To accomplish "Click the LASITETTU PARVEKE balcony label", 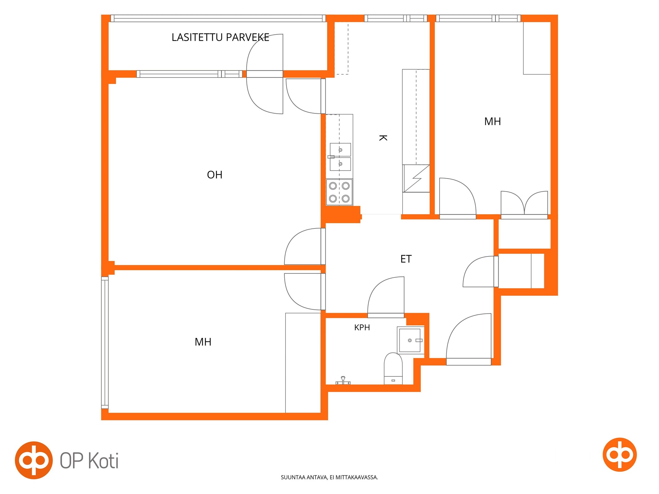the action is pyautogui.click(x=220, y=37).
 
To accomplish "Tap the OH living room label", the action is pyautogui.click(x=215, y=175).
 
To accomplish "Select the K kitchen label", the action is pyautogui.click(x=383, y=138).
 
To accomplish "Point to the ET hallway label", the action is pyautogui.click(x=406, y=259).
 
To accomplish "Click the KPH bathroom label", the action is pyautogui.click(x=362, y=327).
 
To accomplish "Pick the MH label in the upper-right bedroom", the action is pyautogui.click(x=492, y=121).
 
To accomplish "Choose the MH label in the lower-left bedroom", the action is pyautogui.click(x=203, y=342).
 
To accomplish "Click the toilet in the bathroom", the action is pyautogui.click(x=393, y=369).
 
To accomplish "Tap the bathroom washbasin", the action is pyautogui.click(x=411, y=340).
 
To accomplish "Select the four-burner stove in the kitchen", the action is pyautogui.click(x=339, y=192).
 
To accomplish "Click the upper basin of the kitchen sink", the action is pyautogui.click(x=340, y=150).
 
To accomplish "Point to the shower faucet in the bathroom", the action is pyautogui.click(x=343, y=381).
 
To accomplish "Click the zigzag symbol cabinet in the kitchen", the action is pyautogui.click(x=416, y=178).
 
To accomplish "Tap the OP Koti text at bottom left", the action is pyautogui.click(x=89, y=461).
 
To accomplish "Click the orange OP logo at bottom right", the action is pyautogui.click(x=619, y=455).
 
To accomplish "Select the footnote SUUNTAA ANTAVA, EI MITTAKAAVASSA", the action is pyautogui.click(x=329, y=477).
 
